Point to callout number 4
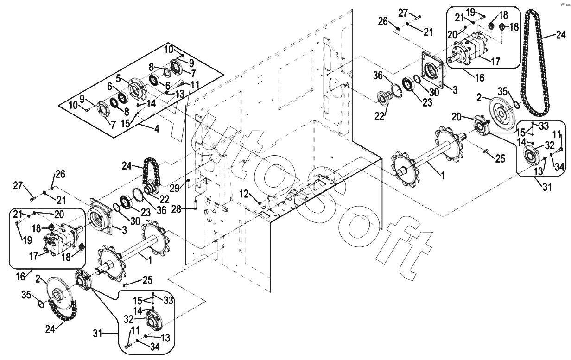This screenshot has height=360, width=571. click(x=157, y=129)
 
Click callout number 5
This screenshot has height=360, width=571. click(x=119, y=77)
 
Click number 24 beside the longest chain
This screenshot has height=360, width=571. click(x=561, y=34)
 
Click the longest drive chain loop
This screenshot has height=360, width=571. click(x=535, y=65)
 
